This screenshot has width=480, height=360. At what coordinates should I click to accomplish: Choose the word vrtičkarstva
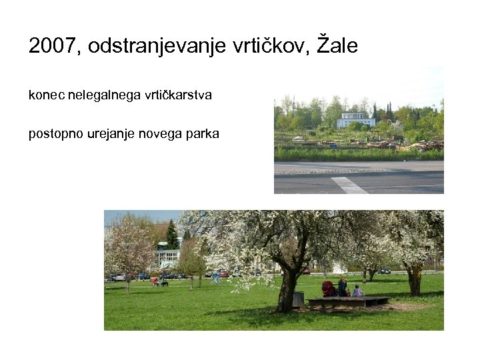pyautogui.click(x=178, y=95)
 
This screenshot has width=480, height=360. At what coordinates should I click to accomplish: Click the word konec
pyautogui.click(x=43, y=95)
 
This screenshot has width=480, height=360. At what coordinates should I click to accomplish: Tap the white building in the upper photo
pyautogui.click(x=356, y=120)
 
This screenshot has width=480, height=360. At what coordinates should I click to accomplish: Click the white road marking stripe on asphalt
pyautogui.click(x=349, y=185)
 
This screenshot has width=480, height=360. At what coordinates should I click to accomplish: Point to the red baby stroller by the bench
pyautogui.click(x=329, y=289)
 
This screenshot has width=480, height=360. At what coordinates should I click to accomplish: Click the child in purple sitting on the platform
pyautogui.click(x=358, y=291)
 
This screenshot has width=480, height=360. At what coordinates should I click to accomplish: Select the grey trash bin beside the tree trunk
pyautogui.click(x=298, y=299)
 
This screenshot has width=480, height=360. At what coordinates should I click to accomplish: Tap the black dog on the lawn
pyautogui.click(x=164, y=284)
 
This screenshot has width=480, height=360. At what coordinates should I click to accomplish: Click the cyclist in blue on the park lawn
pyautogui.click(x=216, y=277)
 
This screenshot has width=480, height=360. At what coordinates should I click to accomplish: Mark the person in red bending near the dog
pyautogui.click(x=155, y=282)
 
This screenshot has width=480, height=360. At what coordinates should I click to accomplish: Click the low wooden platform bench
pyautogui.click(x=348, y=301)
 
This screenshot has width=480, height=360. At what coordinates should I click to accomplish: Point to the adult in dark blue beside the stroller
pyautogui.click(x=342, y=287)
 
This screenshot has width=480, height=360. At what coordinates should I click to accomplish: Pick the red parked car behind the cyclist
pyautogui.click(x=223, y=273)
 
